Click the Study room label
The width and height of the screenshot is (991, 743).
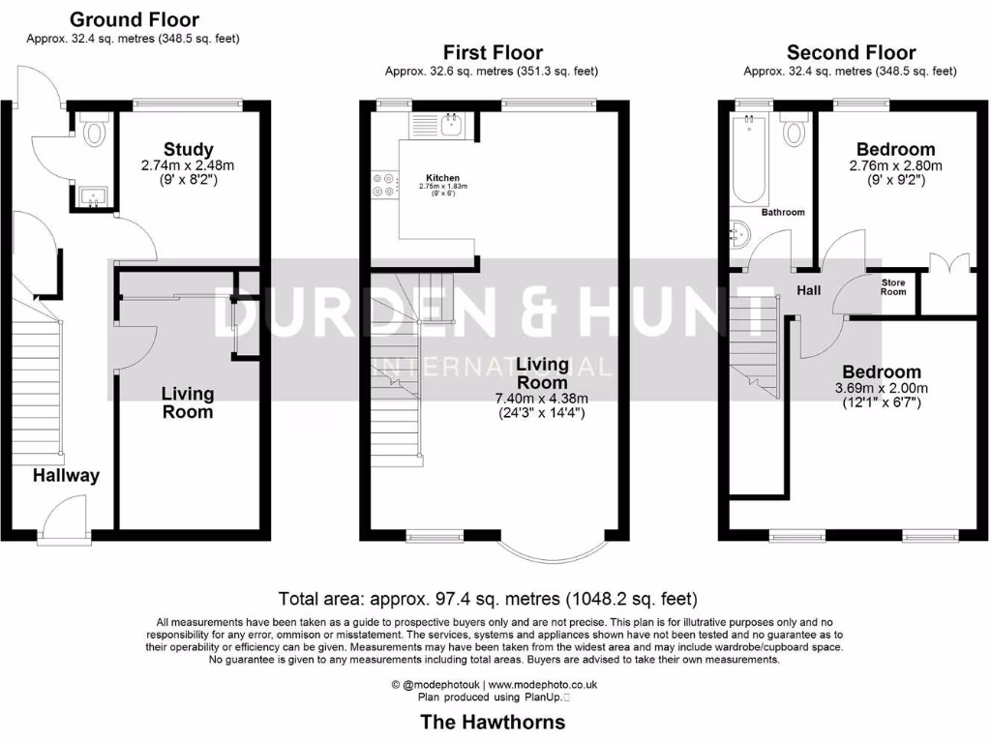188,149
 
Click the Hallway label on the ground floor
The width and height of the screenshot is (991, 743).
66,475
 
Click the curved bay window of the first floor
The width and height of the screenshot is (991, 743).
551,551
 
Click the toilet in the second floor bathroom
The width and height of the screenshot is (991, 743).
794,130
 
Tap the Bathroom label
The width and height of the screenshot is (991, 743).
782,212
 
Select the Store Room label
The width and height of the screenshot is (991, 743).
892,286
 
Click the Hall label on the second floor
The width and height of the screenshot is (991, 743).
808,289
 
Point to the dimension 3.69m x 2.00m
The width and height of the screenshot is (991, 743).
881,389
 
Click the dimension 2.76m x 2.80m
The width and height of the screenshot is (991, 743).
895,165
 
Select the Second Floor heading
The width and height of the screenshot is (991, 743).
850,52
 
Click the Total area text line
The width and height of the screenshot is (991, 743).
487,599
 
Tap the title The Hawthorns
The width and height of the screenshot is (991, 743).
492,722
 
